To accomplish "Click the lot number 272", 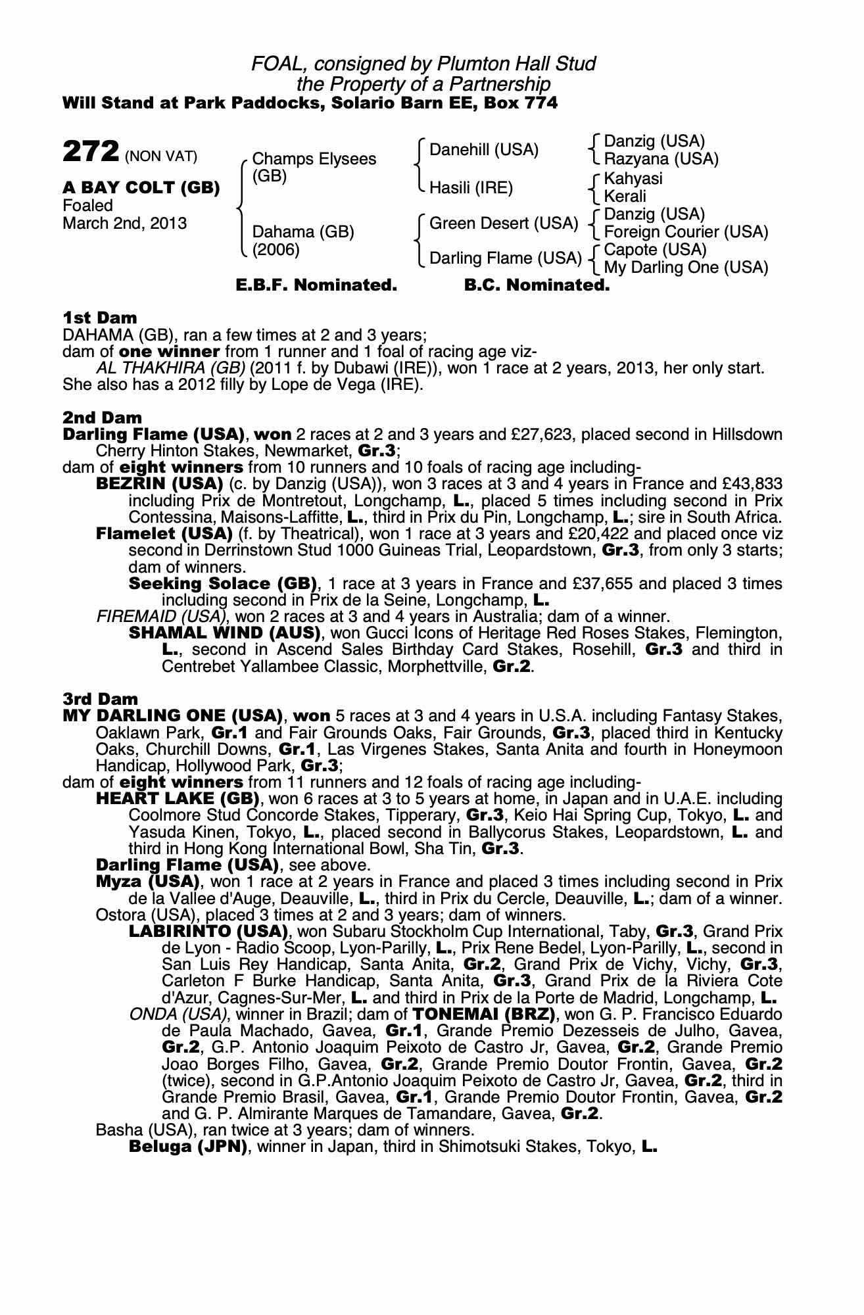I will point(91,152).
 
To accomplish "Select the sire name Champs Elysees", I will point(314,159).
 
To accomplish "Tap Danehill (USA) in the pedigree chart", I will point(484,150).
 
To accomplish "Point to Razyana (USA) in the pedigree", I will point(661,159).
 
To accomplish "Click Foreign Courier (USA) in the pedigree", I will point(686,232).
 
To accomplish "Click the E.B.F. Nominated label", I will point(316,285).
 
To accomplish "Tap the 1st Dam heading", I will point(100,318).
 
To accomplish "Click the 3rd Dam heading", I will point(101,699).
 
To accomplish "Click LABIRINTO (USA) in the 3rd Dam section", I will point(208,932).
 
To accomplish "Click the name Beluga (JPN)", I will point(188,1147).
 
